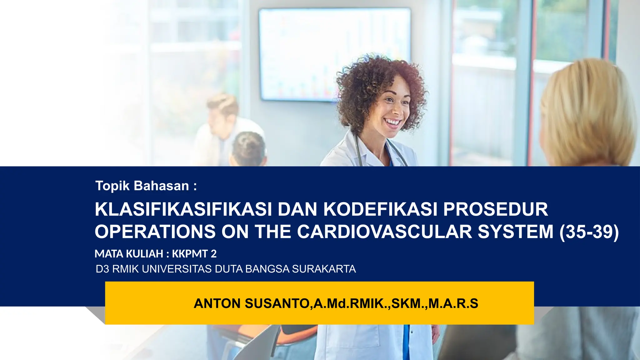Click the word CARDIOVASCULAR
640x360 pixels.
tap(384, 232)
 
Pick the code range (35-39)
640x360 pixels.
tap(589, 232)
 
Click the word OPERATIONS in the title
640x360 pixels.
tap(155, 232)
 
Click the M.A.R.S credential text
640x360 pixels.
tap(453, 303)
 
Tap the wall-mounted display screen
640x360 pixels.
tap(334, 55)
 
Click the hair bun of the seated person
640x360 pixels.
tap(248, 147)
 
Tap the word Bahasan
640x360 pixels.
tap(161, 186)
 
